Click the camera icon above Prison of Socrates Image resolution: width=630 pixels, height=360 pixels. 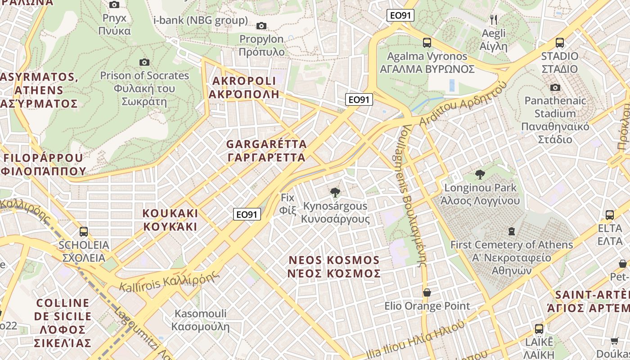tap(144, 62)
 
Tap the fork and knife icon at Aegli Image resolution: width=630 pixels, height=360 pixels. tap(494, 19)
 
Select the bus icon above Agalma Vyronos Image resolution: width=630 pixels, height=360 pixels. tap(427, 43)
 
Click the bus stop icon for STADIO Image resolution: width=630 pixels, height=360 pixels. tap(560, 43)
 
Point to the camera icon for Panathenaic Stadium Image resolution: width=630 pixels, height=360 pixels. tap(555, 87)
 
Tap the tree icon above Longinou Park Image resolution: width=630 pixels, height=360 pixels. tap(480, 174)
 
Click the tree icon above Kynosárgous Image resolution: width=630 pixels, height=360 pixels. tap(335, 193)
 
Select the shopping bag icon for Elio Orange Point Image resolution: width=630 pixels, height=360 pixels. tap(427, 293)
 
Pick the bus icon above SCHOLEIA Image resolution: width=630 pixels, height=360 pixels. tap(84, 232)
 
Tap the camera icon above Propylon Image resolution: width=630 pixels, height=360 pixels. tap(261, 26)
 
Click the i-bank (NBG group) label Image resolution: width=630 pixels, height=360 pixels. tap(201, 20)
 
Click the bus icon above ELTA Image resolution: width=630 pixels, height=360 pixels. tap(610, 215)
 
